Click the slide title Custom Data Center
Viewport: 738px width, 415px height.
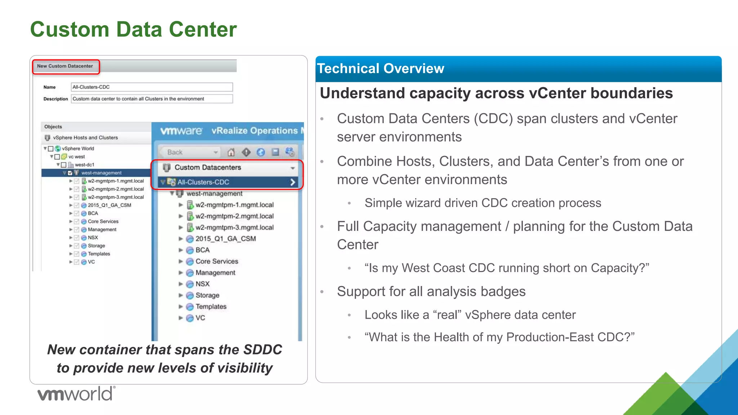click(x=133, y=30)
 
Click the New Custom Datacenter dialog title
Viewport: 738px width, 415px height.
click(x=65, y=66)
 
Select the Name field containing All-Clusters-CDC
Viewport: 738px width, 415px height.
click(x=152, y=87)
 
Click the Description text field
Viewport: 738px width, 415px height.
click(x=152, y=99)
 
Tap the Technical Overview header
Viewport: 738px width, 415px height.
click(x=381, y=68)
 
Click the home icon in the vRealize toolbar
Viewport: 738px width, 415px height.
click(x=231, y=152)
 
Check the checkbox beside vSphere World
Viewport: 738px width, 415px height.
click(x=51, y=148)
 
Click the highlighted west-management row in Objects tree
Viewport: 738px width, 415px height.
click(x=101, y=173)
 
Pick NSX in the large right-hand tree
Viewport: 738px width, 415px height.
click(x=202, y=284)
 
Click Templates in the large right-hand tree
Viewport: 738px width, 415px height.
click(x=211, y=307)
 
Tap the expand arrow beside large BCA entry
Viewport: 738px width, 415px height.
click(x=181, y=250)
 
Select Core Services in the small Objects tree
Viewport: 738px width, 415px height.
click(x=103, y=222)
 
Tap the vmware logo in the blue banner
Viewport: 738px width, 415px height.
click(x=181, y=131)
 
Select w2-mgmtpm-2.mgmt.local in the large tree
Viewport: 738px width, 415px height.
click(x=234, y=216)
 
